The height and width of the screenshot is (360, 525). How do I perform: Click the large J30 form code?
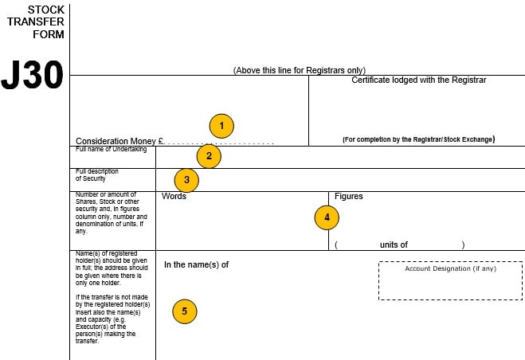click(x=32, y=75)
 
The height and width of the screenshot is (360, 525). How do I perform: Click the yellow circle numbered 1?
click(x=221, y=126)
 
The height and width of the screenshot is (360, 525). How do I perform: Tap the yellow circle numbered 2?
click(x=209, y=155)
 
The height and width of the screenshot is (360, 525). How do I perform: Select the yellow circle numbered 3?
click(x=186, y=179)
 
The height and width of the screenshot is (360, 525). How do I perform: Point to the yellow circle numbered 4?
click(x=327, y=216)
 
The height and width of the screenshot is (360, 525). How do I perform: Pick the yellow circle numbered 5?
click(x=185, y=311)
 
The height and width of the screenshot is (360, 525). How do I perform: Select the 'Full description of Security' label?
click(x=97, y=175)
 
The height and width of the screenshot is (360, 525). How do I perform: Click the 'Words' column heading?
click(x=174, y=196)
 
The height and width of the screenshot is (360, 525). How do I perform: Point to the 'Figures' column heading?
click(x=349, y=196)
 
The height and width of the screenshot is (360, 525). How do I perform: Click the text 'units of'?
click(x=394, y=245)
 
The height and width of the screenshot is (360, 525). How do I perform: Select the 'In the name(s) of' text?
click(x=196, y=264)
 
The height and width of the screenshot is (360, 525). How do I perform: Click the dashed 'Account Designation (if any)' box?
click(x=450, y=280)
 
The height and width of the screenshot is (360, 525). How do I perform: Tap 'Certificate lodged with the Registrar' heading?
click(x=418, y=80)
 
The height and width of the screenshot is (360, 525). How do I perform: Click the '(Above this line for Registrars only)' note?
click(x=300, y=70)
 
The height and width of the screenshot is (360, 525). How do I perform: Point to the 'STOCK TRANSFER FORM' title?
click(x=35, y=22)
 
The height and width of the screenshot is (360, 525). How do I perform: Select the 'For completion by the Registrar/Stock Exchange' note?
click(x=418, y=139)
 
